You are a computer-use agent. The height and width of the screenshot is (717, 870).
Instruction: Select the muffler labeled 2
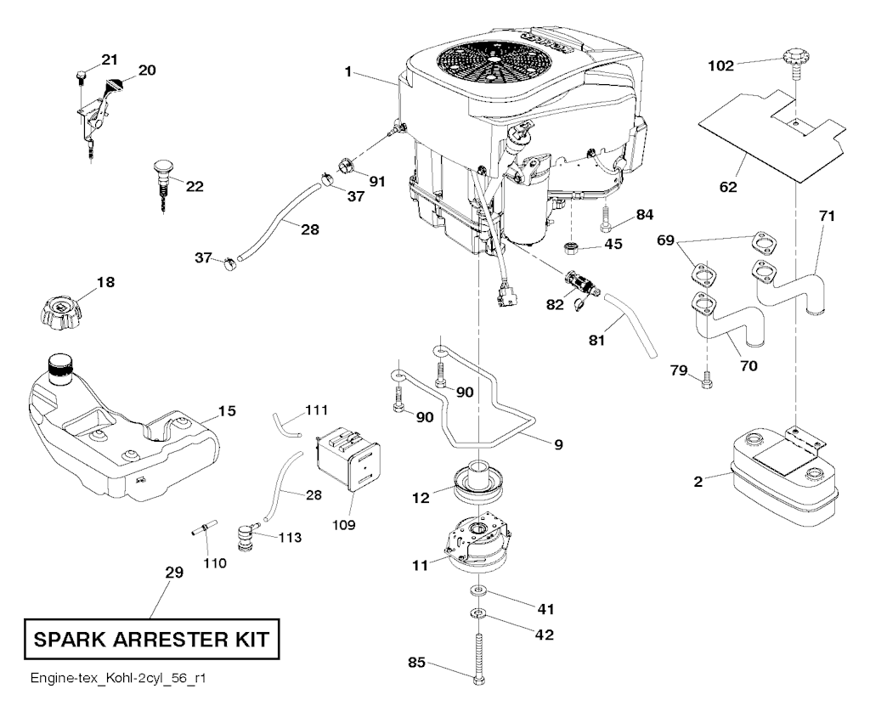(777, 475)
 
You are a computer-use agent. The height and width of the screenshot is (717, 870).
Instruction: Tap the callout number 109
(344, 523)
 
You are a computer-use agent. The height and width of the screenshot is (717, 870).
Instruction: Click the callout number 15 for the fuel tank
(226, 411)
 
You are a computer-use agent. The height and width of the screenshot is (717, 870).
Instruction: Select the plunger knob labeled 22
(164, 173)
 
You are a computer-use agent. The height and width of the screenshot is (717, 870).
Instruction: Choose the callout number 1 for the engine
(348, 72)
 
